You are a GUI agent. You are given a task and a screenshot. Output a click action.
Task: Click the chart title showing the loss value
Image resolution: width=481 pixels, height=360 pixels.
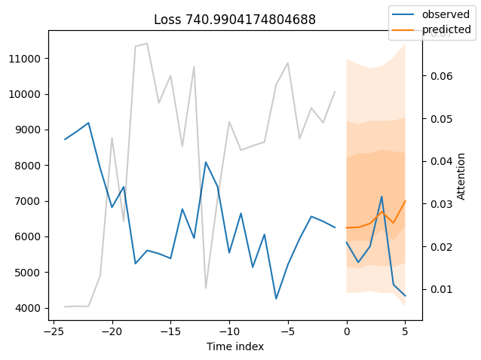[x=234, y=20]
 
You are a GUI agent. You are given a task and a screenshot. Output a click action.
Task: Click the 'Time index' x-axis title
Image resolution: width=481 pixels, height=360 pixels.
[x=234, y=346]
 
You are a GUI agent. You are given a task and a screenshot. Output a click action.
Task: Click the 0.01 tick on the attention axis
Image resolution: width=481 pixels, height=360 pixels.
[x=441, y=289]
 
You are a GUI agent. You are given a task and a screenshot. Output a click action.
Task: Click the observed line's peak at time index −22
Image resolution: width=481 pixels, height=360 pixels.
[x=88, y=123]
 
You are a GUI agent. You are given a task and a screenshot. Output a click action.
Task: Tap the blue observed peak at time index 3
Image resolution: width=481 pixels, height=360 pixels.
[x=381, y=197]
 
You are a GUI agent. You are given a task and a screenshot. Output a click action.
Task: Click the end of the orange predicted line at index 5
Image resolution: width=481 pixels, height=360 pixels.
[x=405, y=201]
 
